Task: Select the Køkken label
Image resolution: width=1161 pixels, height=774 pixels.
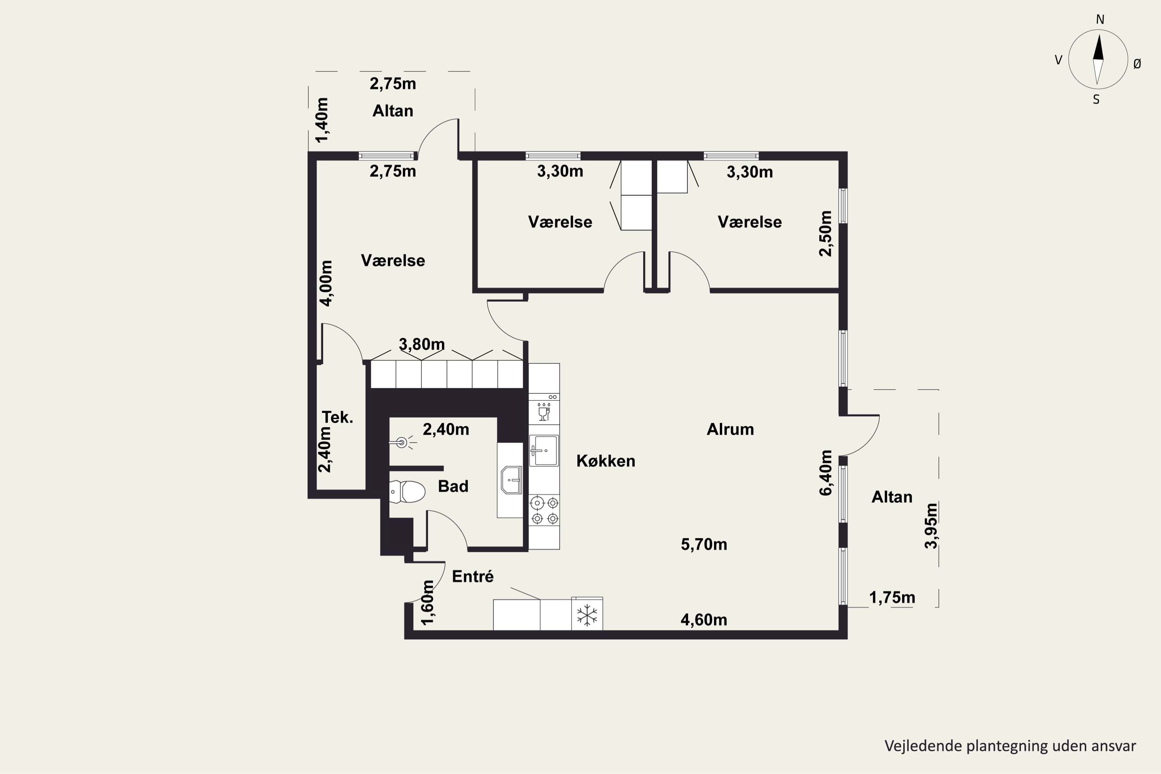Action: [606, 461]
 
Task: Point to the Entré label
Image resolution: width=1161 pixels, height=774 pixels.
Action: [473, 577]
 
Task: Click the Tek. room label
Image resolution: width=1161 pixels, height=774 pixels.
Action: [337, 418]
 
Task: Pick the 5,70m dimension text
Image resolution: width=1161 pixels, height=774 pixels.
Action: [704, 545]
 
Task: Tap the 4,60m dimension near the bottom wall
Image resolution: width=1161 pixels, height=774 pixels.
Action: [704, 620]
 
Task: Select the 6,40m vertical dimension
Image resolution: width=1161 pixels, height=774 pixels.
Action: [825, 473]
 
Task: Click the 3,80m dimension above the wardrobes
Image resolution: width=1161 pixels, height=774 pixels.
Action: [421, 344]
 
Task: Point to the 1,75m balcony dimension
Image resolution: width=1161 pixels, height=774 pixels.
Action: [892, 598]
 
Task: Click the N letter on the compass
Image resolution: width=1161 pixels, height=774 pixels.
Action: [1100, 19]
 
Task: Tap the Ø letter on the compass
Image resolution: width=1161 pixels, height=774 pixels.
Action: [1137, 64]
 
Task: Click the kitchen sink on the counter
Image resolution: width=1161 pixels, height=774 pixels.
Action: [544, 450]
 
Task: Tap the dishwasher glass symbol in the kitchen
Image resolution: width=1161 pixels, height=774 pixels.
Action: [544, 412]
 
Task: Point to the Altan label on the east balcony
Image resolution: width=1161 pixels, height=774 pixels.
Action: [892, 497]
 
